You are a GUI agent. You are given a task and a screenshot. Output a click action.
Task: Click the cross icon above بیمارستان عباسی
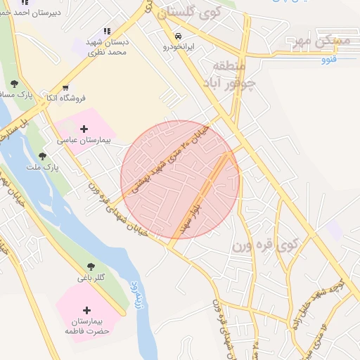point(85,129)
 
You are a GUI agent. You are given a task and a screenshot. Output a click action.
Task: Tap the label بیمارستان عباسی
point(85,141)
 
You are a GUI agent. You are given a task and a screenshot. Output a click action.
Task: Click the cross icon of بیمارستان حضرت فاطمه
point(86,310)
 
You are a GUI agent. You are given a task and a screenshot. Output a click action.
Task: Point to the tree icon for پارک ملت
point(42,156)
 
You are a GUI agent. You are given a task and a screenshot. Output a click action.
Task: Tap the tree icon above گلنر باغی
point(91,266)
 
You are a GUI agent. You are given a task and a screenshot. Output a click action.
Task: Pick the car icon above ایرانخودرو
point(179,35)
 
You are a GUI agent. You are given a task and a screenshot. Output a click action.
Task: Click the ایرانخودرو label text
point(179,47)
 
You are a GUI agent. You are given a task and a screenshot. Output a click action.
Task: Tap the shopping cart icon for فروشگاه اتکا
point(65,88)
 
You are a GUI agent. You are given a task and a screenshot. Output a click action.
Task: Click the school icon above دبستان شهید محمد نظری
point(107,31)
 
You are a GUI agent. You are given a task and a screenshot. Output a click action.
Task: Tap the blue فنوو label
point(328,59)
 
